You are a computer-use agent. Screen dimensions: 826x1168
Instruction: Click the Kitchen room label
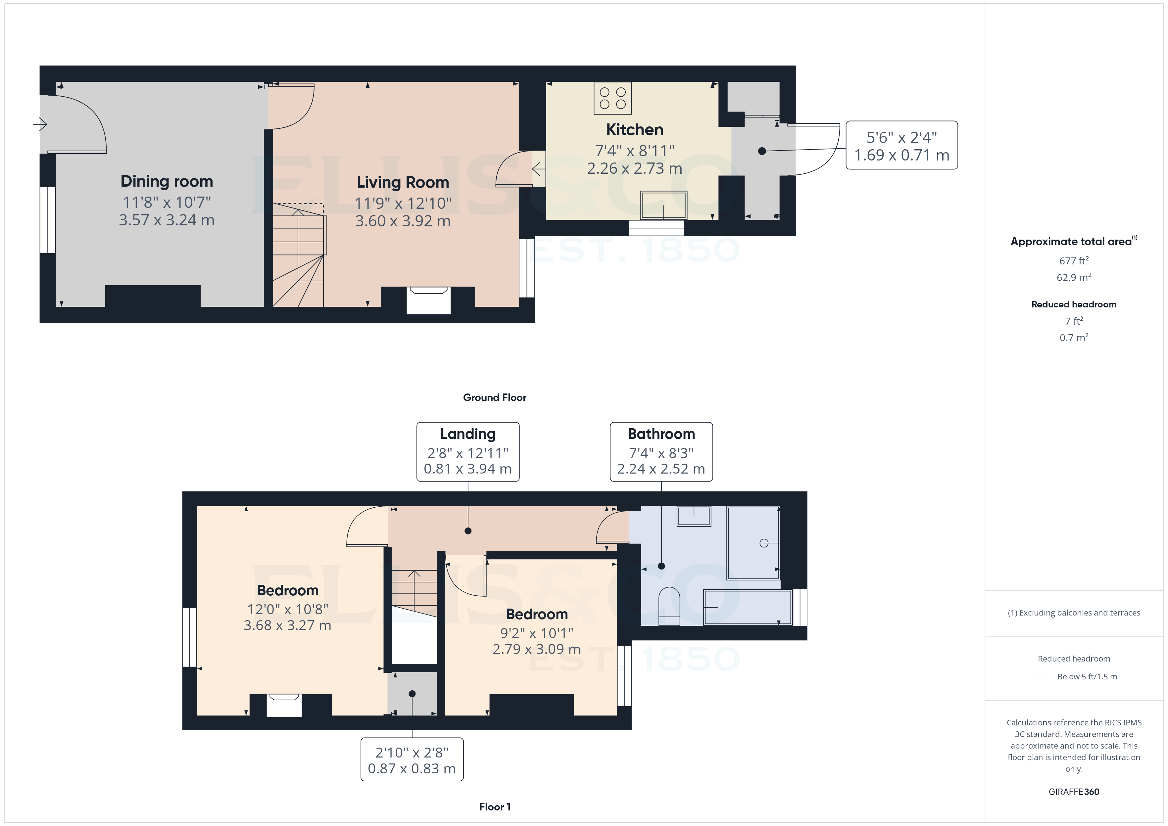(x=634, y=130)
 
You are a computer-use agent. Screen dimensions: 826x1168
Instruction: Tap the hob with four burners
(x=612, y=98)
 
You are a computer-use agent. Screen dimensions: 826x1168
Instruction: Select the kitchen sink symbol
(x=663, y=205)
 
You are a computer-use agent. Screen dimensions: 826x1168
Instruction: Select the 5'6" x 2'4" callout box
(x=901, y=146)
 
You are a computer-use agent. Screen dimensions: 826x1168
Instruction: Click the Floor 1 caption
(x=495, y=807)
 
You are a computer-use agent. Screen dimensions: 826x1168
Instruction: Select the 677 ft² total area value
(x=1073, y=261)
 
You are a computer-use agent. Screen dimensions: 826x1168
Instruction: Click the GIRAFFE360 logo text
(x=1073, y=792)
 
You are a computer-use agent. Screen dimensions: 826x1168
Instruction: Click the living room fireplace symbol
(x=428, y=300)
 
